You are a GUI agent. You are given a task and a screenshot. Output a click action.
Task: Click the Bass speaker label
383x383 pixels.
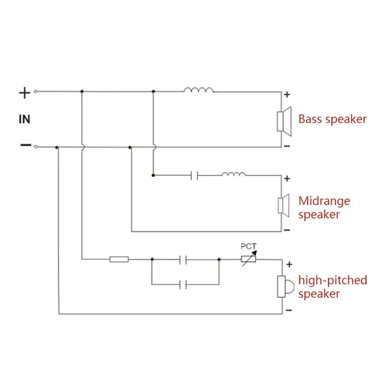coord(332,119)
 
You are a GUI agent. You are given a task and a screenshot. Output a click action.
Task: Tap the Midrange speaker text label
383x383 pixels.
coord(324,207)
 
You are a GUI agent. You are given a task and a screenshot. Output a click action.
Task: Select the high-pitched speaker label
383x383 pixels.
coord(332,287)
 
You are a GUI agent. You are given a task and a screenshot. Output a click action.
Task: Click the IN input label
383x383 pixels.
coord(25,119)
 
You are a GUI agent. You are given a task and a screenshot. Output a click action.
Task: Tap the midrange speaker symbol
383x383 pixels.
coord(284,204)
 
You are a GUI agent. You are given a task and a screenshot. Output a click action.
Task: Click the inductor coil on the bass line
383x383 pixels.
coord(198,90)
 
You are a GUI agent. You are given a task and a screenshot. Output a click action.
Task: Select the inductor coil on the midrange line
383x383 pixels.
coord(234,174)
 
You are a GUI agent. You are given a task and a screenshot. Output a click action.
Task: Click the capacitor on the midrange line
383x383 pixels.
coord(195,176)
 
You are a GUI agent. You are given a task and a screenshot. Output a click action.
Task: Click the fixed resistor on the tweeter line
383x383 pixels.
coord(119,260)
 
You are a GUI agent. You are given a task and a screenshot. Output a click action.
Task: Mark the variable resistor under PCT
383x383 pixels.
coord(248,259)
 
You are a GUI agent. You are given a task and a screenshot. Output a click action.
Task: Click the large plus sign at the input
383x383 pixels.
coord(25,93)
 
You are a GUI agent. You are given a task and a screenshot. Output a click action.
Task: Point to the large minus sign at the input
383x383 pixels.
coord(25,145)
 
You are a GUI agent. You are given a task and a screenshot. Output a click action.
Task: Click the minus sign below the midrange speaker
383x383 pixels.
coord(288,230)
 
